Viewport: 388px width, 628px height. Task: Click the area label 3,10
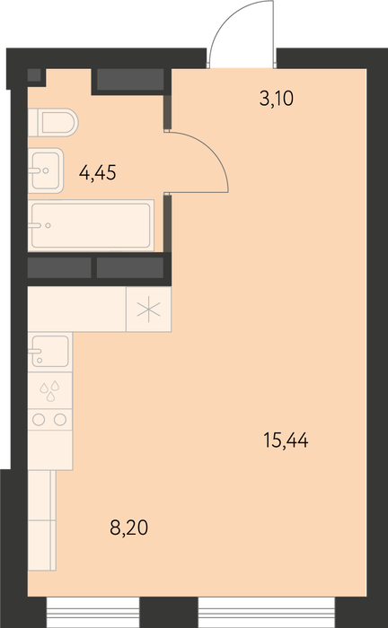(x=277, y=99)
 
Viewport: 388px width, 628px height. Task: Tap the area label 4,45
(x=98, y=173)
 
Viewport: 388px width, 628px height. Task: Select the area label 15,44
(x=286, y=440)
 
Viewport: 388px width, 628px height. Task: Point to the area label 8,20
(x=129, y=528)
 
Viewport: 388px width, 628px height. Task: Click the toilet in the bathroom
(x=53, y=122)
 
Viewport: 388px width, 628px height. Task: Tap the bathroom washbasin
(x=46, y=170)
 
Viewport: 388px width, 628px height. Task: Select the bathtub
(x=91, y=225)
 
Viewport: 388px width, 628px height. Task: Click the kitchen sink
(x=50, y=352)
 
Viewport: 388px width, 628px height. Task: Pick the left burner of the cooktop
(x=39, y=420)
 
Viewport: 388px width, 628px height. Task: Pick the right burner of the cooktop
(x=60, y=420)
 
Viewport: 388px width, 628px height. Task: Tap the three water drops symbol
(x=49, y=390)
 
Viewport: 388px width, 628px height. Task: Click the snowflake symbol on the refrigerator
(x=148, y=310)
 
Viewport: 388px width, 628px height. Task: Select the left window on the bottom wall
(x=93, y=612)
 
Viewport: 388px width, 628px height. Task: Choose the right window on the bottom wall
(x=267, y=612)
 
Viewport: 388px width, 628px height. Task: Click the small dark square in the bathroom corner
(x=34, y=75)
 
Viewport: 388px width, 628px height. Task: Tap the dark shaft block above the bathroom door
(x=130, y=79)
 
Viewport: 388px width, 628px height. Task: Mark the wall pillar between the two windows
(x=169, y=612)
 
